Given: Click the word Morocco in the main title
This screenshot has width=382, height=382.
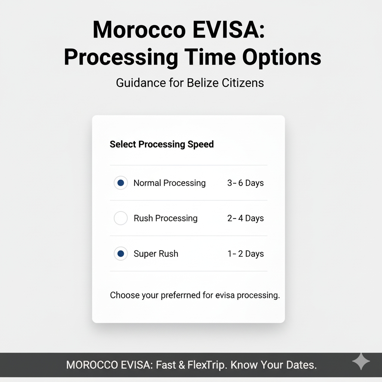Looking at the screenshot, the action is tap(139, 30).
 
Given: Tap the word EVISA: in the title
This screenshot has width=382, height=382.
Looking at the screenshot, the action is tap(229, 30).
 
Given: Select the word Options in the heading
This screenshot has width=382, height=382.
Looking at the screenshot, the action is tap(282, 57).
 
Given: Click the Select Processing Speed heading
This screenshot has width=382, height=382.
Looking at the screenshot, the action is tap(162, 144).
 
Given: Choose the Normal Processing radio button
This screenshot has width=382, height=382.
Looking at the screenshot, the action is tap(120, 183).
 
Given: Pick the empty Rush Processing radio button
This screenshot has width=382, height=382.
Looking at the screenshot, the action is tap(120, 218).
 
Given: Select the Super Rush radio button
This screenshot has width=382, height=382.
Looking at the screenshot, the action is tap(120, 254).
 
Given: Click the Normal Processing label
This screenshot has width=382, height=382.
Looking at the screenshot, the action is tap(170, 183).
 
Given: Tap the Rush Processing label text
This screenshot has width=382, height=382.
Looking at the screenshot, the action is tap(166, 218).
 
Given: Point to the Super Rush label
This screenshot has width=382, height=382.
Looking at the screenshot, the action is tap(156, 254).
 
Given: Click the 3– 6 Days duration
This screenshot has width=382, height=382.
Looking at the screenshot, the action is tap(245, 183).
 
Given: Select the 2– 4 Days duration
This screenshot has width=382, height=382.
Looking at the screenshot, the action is tap(245, 218).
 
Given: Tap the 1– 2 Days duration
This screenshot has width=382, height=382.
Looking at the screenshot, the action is tap(245, 254).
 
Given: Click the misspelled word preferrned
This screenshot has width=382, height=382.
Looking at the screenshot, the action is tap(181, 295).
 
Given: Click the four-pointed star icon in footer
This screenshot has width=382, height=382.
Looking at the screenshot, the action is tap(361, 361).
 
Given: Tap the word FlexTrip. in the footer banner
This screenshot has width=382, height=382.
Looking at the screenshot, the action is tap(207, 365).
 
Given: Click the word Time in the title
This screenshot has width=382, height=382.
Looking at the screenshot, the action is tap(210, 57).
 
